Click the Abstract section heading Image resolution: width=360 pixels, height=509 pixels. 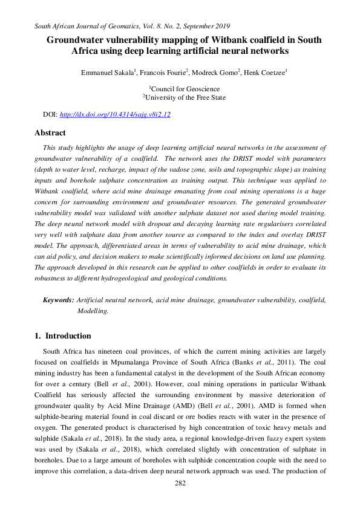(50, 133)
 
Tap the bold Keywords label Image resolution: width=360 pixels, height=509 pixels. (58, 299)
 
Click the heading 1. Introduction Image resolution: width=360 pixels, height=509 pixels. (63, 336)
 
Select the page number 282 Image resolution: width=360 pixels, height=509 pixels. (180, 484)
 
